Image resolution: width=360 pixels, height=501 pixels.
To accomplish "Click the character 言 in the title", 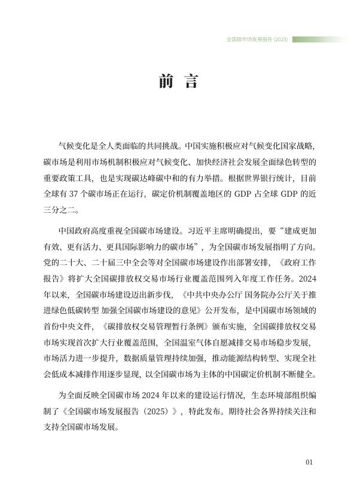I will [x=191, y=82].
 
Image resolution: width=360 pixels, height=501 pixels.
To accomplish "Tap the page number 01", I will [x=309, y=462].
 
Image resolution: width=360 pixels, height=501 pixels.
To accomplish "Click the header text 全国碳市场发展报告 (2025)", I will [x=257, y=39].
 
